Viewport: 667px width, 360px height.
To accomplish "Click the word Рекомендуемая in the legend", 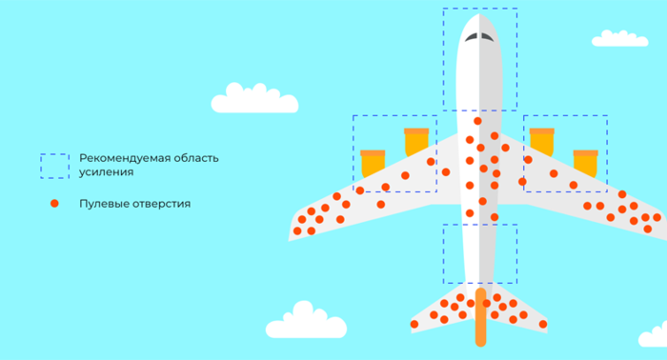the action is pos(124,158).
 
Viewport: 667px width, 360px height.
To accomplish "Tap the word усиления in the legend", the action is pos(107,172).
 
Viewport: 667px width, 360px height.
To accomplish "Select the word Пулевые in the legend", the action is pos(104,204).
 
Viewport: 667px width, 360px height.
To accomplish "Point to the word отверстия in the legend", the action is pos(162,204).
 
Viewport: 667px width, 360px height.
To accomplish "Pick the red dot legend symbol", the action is pos(54,204).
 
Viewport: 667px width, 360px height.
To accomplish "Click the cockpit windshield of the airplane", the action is pos(479,37).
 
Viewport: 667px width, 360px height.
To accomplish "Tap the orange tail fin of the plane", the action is pos(480,317).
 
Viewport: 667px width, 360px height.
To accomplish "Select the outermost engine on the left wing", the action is pos(374,163).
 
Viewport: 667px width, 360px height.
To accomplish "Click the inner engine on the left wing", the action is pos(416,142).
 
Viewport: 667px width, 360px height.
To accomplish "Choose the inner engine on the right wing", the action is pos(541,142).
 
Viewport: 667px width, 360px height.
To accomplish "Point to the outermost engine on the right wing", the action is pos(585,163).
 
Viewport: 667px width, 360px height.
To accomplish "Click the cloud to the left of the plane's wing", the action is pos(254,99).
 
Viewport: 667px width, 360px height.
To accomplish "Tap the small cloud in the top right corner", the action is pos(619,39).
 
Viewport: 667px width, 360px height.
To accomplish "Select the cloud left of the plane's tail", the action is pos(306,321).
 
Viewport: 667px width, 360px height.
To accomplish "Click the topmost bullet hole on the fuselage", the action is pos(477,121).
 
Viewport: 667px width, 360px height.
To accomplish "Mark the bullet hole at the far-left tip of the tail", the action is pos(414,325).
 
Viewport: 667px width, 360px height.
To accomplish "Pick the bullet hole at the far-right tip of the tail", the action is pos(543,325).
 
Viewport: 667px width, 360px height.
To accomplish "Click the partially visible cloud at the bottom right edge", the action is pos(653,335).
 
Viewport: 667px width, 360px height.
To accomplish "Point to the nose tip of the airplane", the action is pos(479,14).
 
